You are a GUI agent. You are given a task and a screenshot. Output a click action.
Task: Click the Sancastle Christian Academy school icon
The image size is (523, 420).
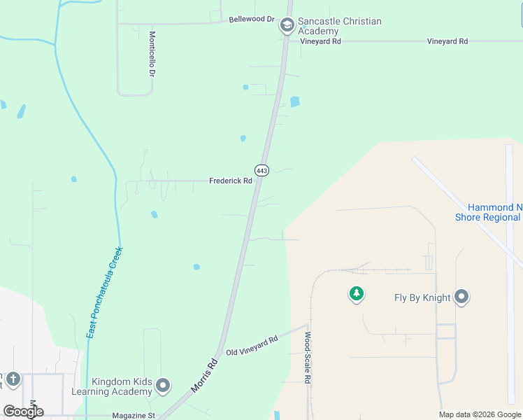tap(287, 26)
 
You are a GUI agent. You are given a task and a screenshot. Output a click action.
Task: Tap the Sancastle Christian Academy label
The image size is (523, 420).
tap(340, 26)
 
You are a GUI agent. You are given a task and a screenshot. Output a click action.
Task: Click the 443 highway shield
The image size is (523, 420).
tap(261, 170)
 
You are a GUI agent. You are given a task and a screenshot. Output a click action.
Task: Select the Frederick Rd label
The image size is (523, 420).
tap(231, 181)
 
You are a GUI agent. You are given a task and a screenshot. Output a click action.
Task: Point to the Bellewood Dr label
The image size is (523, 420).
tap(252, 19)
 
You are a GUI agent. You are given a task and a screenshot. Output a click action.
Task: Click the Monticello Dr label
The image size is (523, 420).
tap(152, 53)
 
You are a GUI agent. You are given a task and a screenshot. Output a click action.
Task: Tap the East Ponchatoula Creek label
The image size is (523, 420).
tap(104, 293)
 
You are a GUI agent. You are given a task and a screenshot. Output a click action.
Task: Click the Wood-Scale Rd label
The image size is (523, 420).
tap(307, 357)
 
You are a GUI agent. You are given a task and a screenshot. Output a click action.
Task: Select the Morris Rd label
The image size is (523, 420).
tap(204, 376)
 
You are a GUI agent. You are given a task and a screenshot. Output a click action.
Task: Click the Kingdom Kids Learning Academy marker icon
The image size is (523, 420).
tap(163, 386)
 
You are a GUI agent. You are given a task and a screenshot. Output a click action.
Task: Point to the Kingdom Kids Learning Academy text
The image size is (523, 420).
tap(122, 386)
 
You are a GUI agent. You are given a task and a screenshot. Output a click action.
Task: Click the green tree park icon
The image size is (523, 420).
tap(357, 294)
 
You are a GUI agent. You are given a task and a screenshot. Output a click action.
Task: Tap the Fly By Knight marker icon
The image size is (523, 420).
tap(461, 297)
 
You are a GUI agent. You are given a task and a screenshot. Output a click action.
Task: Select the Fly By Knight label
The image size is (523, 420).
tap(422, 298)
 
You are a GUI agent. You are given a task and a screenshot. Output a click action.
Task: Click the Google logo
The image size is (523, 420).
tap(23, 412)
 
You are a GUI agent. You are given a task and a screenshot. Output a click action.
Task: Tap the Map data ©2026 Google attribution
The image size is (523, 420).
tap(480, 414)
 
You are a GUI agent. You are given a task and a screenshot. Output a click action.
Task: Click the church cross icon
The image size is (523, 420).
tap(13, 380)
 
